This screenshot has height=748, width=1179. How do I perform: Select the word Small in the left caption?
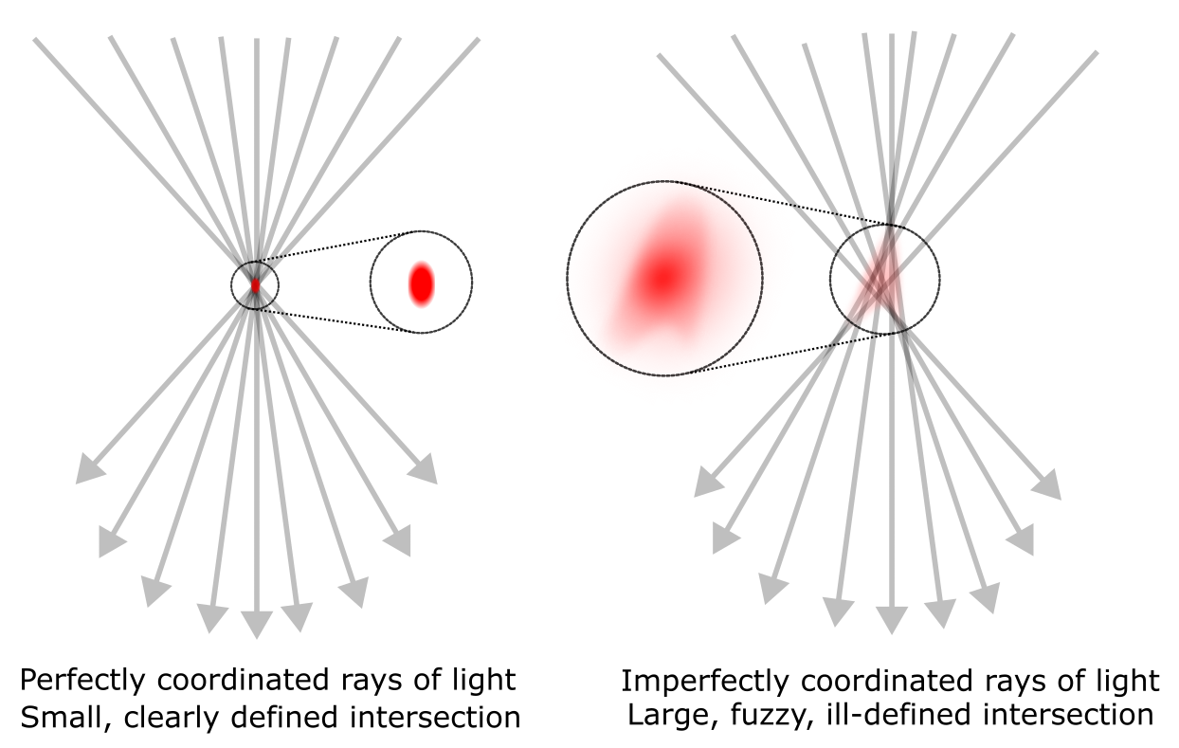pyautogui.click(x=56, y=716)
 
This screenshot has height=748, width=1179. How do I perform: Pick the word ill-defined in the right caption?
pyautogui.click(x=868, y=714)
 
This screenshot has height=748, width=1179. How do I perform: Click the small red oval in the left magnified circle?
pyautogui.click(x=421, y=283)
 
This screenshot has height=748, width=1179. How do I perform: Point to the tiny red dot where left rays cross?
pyautogui.click(x=255, y=284)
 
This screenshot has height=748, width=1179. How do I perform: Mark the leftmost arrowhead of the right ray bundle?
pyautogui.click(x=707, y=483)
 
